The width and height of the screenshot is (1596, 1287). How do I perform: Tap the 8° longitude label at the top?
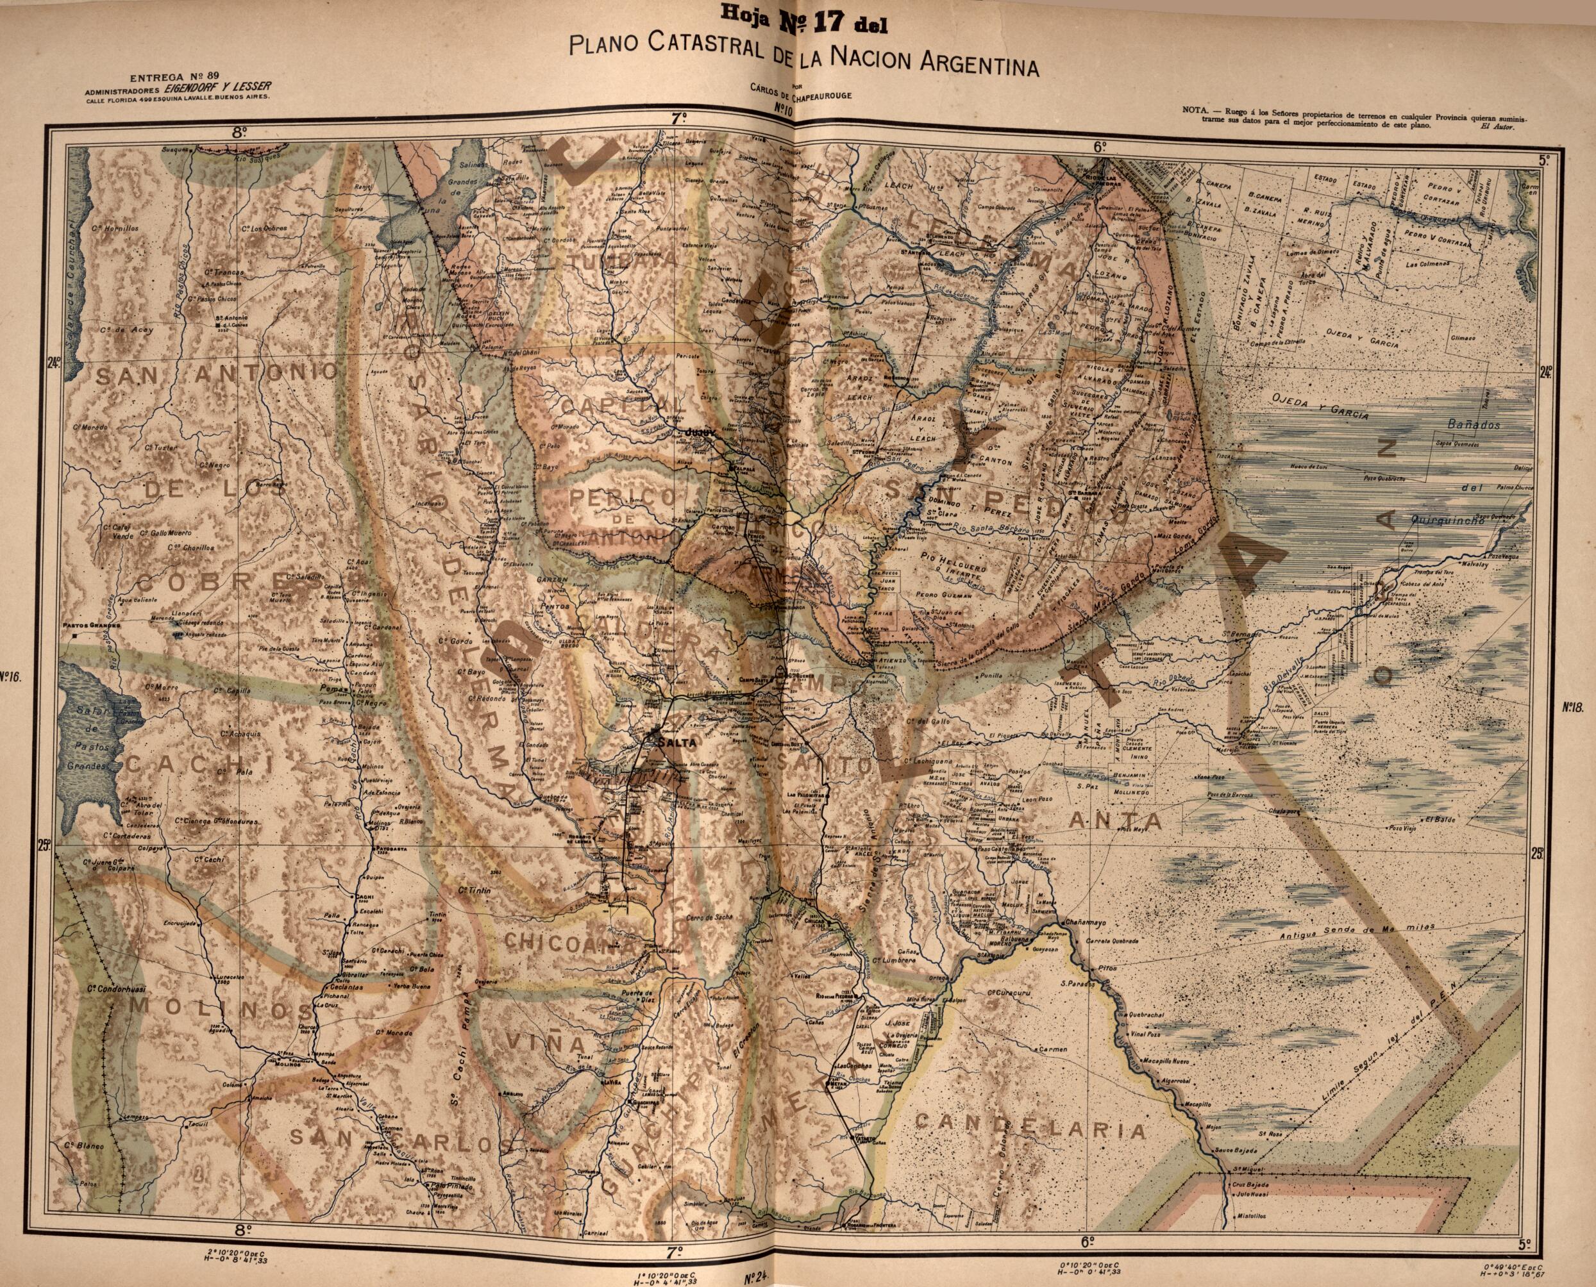[x=238, y=133]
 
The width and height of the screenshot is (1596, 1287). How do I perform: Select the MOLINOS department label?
[x=223, y=1009]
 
